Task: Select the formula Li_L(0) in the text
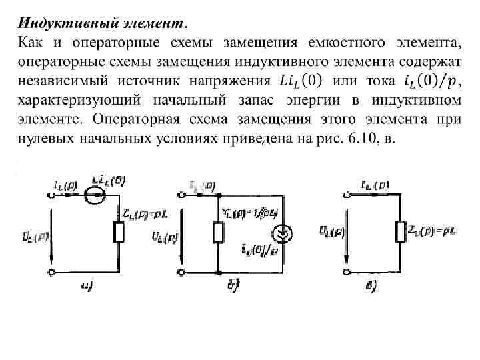tap(300, 81)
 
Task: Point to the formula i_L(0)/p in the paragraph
tap(431, 81)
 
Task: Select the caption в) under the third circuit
tap(372, 287)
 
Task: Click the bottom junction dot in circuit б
tap(218, 272)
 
